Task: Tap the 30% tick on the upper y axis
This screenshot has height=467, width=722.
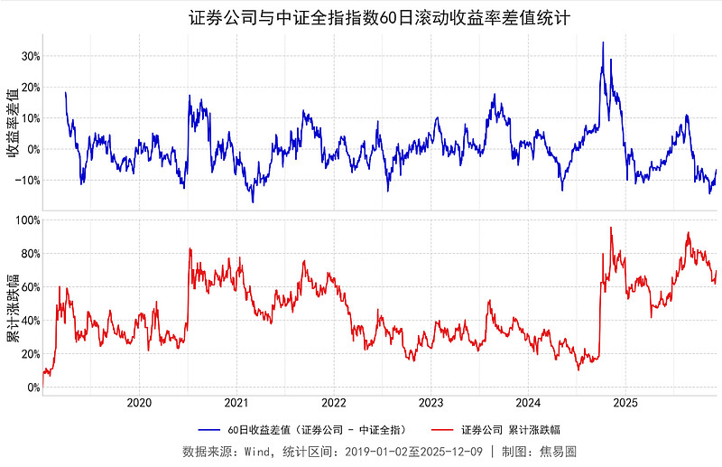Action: point(30,56)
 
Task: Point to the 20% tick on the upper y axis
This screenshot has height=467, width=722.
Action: point(30,88)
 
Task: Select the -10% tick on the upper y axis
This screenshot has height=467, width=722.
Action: point(28,181)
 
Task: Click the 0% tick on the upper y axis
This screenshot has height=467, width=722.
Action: point(32,149)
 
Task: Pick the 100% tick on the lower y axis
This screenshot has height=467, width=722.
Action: point(27,219)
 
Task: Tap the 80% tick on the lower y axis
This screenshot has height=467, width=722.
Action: point(30,254)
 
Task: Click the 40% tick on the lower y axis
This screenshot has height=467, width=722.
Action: point(30,321)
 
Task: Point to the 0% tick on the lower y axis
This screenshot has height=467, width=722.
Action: point(32,388)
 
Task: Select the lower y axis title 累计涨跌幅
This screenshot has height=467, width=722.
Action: point(12,304)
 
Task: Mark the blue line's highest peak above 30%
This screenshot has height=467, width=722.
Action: point(603,42)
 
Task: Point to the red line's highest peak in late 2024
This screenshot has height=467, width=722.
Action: point(611,228)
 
